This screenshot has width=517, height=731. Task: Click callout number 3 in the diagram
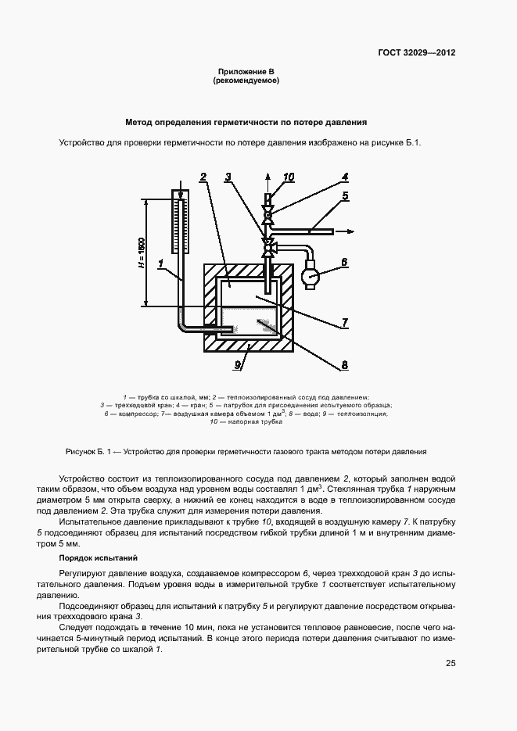228,177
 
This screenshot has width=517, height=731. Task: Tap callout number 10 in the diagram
289,177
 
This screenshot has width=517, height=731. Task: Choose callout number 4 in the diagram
344,177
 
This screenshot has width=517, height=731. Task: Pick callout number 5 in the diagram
344,195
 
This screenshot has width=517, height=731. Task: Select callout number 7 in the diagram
344,322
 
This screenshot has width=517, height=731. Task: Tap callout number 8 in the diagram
344,364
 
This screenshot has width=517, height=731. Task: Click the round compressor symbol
311,276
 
